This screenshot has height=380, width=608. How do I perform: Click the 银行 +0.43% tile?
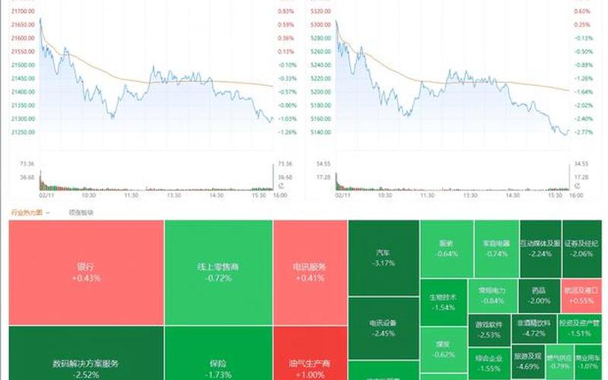[x=86, y=272]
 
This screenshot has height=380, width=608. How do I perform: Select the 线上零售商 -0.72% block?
[x=217, y=272]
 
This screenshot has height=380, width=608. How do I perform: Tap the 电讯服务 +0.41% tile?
[x=309, y=272]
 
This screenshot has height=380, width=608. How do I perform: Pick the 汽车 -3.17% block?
[x=383, y=258]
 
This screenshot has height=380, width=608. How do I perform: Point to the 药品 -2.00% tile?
[x=539, y=295]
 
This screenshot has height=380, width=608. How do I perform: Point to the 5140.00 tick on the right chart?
[x=321, y=131]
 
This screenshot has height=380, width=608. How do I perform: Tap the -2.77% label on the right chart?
[x=584, y=131]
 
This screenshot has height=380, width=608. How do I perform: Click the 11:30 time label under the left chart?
[x=131, y=195]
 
